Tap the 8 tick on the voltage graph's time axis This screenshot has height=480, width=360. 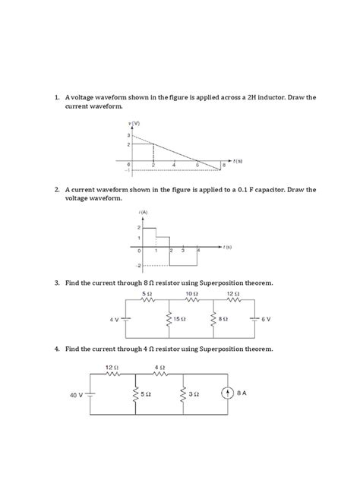click(x=224, y=166)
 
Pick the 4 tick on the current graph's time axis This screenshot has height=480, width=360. click(x=198, y=250)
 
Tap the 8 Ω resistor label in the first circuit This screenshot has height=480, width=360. click(x=223, y=320)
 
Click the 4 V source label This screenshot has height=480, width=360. click(x=115, y=320)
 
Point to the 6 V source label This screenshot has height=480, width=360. click(x=267, y=320)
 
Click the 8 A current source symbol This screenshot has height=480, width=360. click(x=227, y=394)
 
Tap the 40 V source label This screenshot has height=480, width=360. click(x=76, y=395)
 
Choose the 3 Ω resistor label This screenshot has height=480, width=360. click(x=194, y=395)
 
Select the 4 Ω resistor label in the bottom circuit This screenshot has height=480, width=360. click(x=159, y=368)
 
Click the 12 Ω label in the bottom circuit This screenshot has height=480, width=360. click(x=112, y=368)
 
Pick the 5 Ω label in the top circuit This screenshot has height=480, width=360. click(x=147, y=292)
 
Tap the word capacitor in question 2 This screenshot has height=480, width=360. click(x=281, y=189)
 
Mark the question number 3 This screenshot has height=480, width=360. click(x=57, y=283)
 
